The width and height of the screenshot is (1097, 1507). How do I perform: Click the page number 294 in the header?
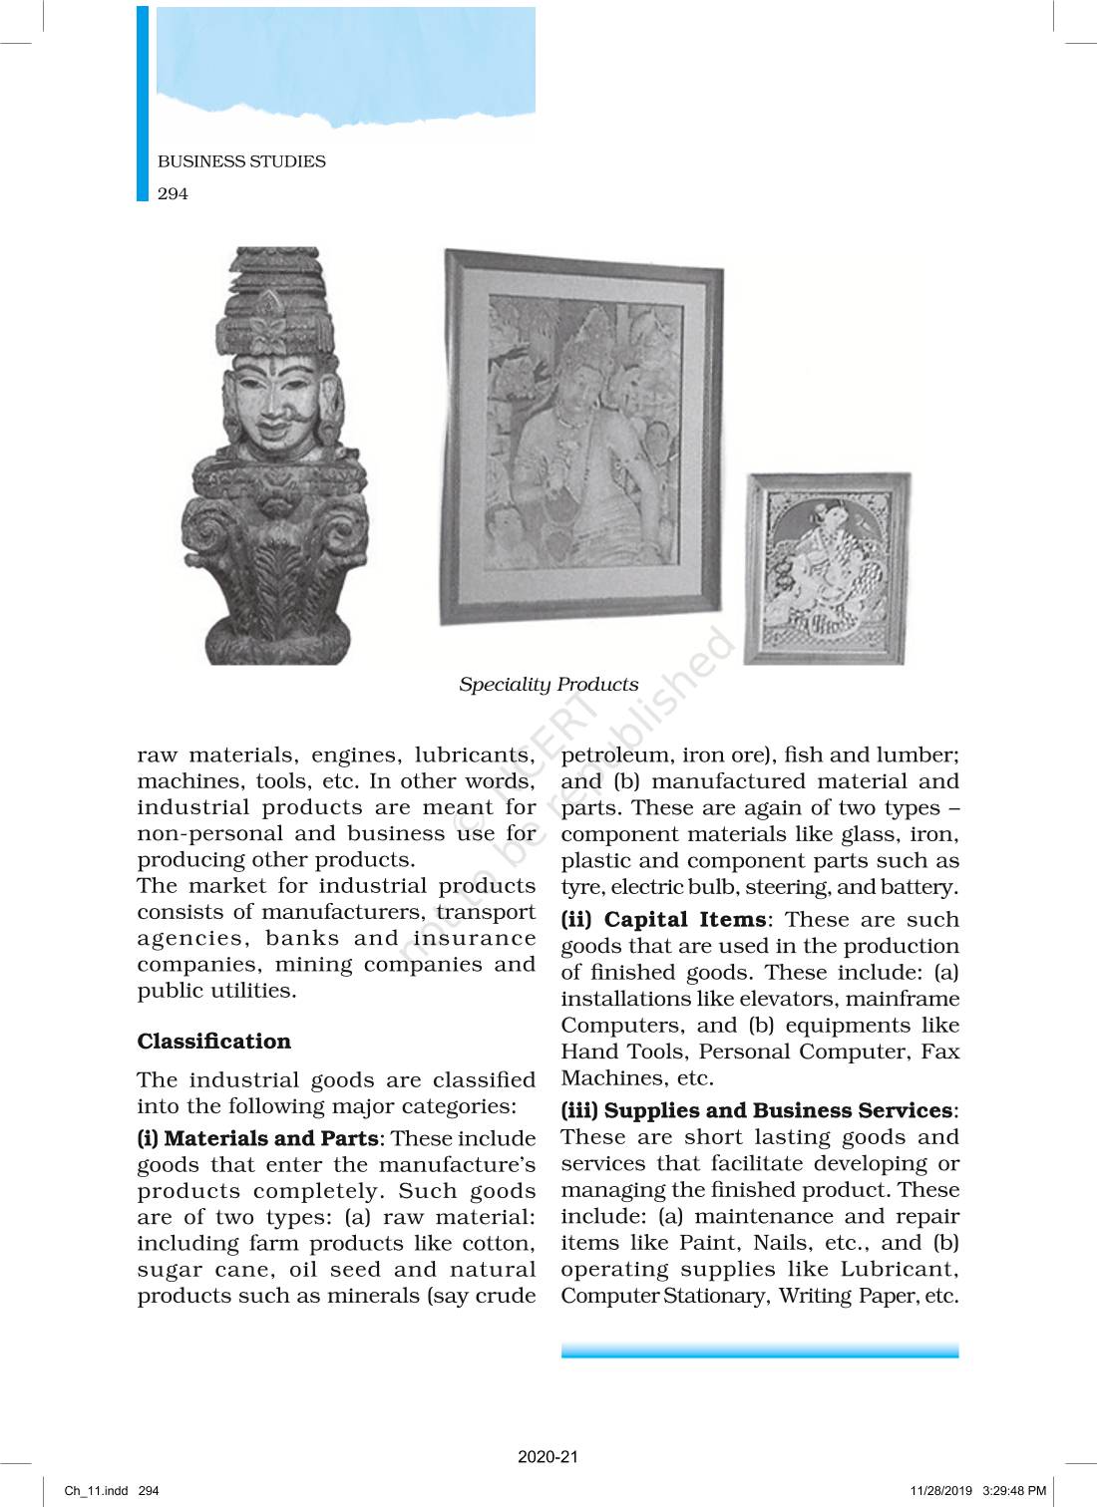[x=173, y=193]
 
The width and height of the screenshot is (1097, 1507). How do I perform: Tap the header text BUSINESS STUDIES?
[x=241, y=161]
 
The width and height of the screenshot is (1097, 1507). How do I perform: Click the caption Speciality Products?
[x=548, y=685]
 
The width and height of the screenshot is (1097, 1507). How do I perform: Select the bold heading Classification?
[x=214, y=1042]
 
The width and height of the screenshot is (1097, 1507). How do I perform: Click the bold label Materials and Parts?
[x=270, y=1138]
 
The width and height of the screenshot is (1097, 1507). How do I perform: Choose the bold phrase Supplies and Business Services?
[x=778, y=1110]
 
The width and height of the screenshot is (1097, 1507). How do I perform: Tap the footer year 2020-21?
[x=548, y=1456]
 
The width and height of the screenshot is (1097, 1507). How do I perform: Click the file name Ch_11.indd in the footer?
[x=97, y=1491]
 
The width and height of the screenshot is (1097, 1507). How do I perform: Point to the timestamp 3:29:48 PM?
[x=1014, y=1491]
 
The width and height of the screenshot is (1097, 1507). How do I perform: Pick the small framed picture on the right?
[x=828, y=568]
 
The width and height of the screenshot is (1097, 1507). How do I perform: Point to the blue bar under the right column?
[x=760, y=1351]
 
